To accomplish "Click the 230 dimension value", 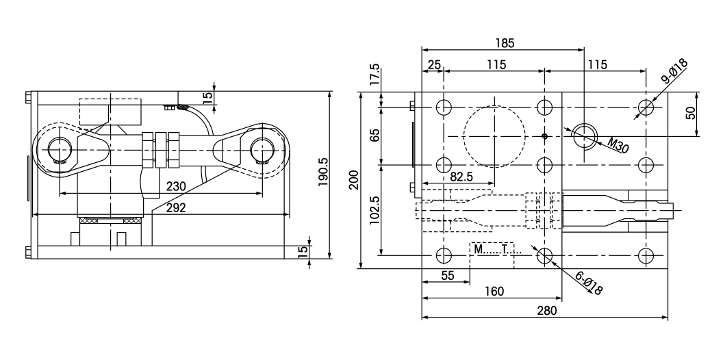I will tap(177, 186).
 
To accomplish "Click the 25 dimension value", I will tap(433, 65).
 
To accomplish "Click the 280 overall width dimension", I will tap(546, 310).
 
